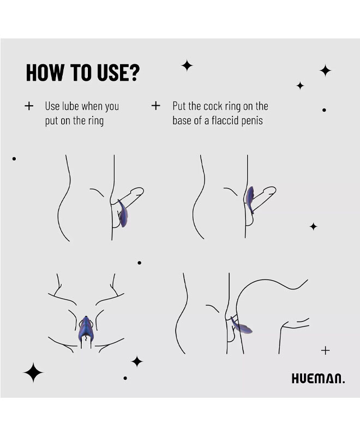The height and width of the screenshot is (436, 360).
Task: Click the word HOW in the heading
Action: point(45,72)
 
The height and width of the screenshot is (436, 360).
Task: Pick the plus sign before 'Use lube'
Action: point(29,106)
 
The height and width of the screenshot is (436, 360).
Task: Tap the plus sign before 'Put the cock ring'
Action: point(156,106)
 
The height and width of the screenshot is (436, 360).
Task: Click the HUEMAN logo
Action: point(318,379)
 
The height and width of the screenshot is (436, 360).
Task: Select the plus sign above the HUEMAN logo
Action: point(325,350)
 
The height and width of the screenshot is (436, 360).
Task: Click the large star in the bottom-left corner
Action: point(33,373)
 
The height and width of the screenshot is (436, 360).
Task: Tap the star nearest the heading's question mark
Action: point(187,65)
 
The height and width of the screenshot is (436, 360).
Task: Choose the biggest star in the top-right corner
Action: point(325,70)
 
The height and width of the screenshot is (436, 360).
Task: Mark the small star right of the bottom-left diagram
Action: point(137,361)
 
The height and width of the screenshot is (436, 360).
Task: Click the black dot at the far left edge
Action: point(14,159)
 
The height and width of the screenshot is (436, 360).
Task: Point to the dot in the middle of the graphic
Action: point(140,263)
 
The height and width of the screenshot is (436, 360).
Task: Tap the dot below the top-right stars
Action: point(324,110)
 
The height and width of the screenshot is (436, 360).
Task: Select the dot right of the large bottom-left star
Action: point(125,378)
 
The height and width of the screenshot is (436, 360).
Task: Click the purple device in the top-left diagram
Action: point(123,214)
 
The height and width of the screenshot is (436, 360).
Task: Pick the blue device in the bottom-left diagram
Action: point(86,330)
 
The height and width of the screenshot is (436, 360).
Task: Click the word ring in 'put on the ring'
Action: point(96,121)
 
